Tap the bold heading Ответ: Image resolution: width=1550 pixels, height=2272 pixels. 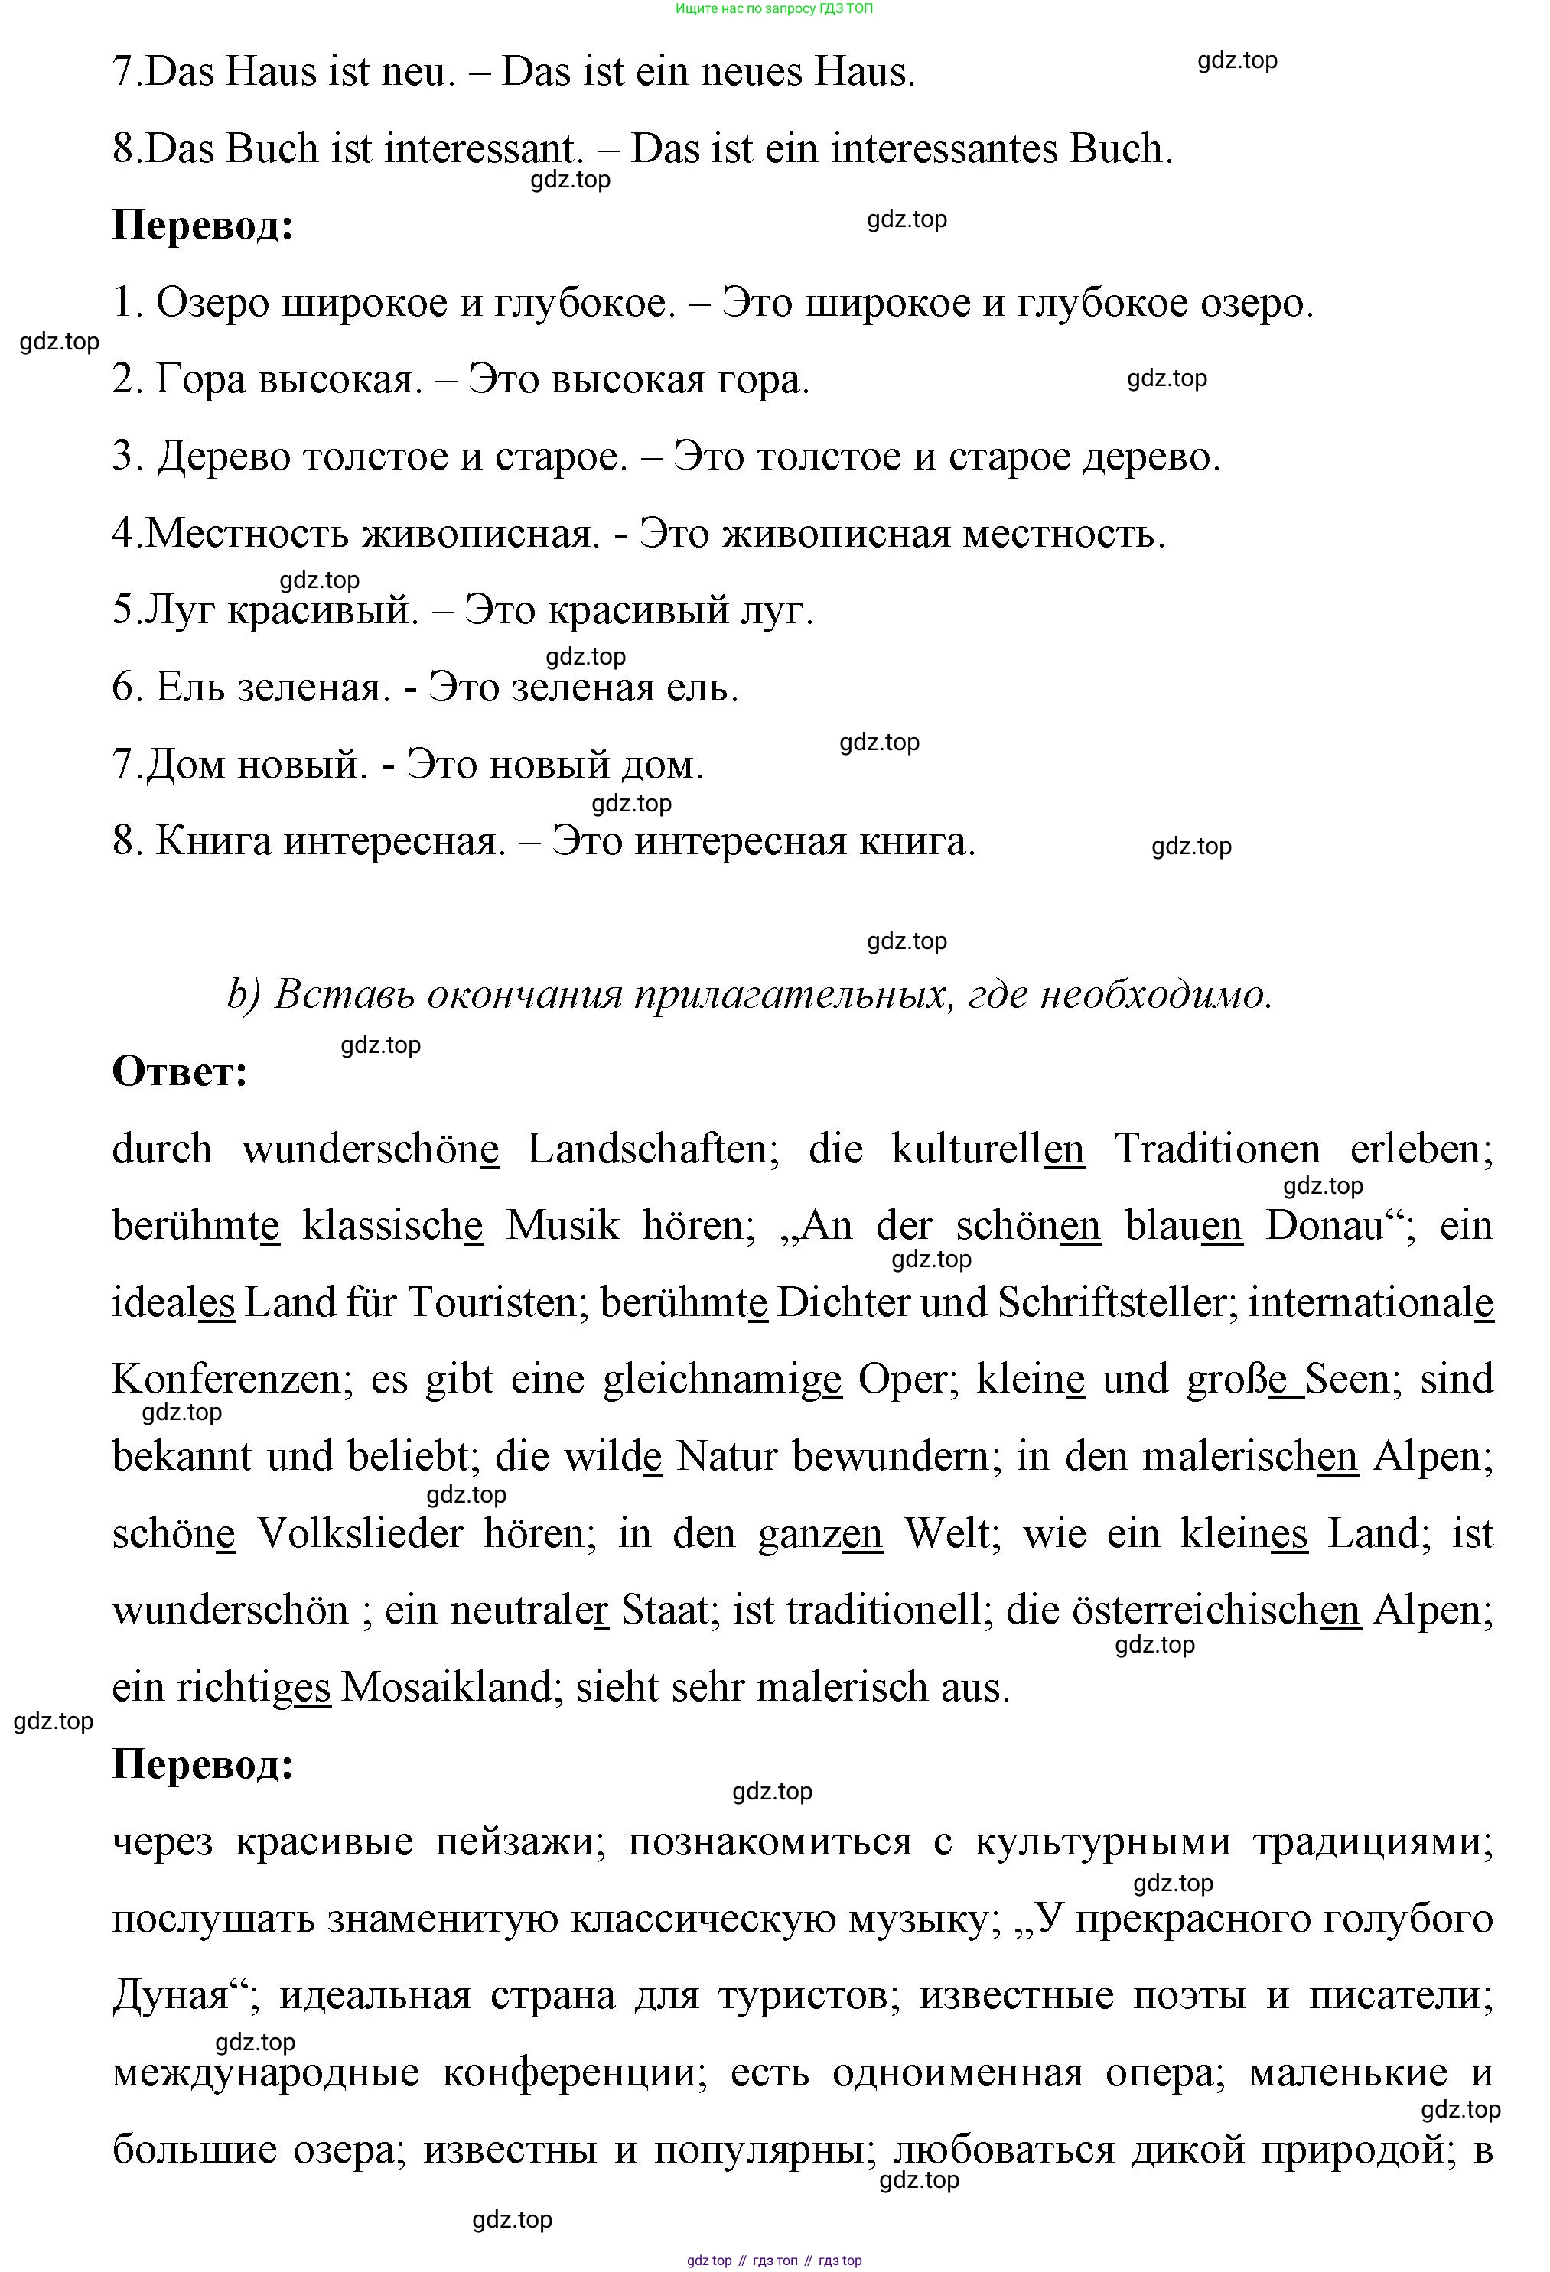pyautogui.click(x=180, y=1071)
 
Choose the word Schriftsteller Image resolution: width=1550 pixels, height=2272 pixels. pyautogui.click(x=1111, y=1303)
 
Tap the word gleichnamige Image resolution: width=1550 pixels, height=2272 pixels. pyautogui.click(x=721, y=1380)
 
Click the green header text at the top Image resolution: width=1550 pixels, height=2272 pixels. pyautogui.click(x=773, y=9)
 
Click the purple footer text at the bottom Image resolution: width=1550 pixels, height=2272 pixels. pyautogui.click(x=773, y=2261)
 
